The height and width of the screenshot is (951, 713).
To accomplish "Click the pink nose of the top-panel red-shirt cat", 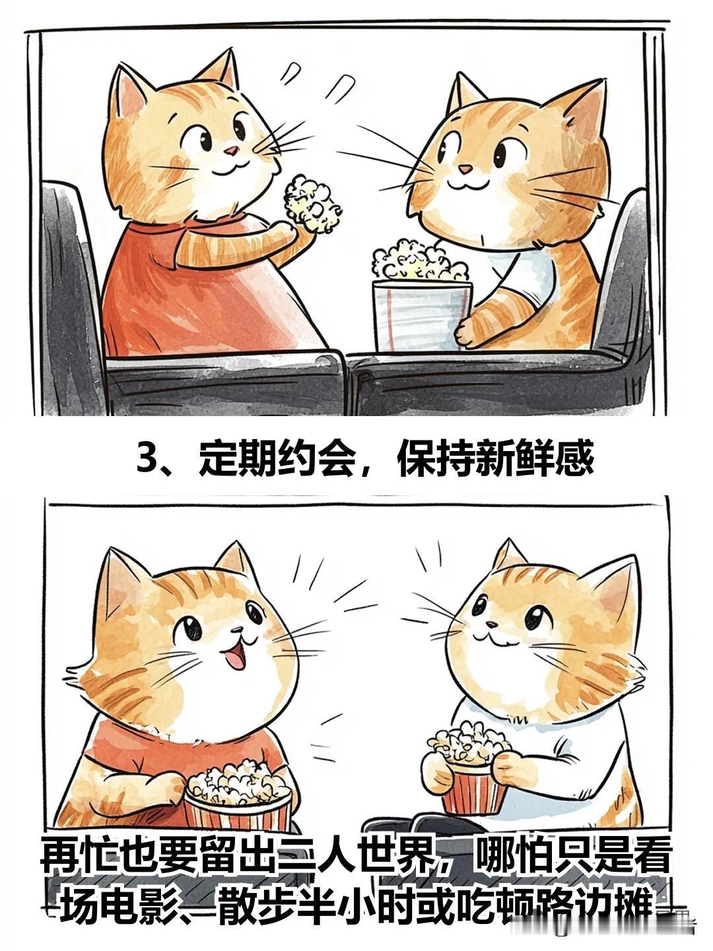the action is coord(232,151).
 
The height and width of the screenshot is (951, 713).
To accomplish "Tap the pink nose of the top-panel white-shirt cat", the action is coord(465,168).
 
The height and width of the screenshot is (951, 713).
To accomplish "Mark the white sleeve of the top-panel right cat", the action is coord(528,277).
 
